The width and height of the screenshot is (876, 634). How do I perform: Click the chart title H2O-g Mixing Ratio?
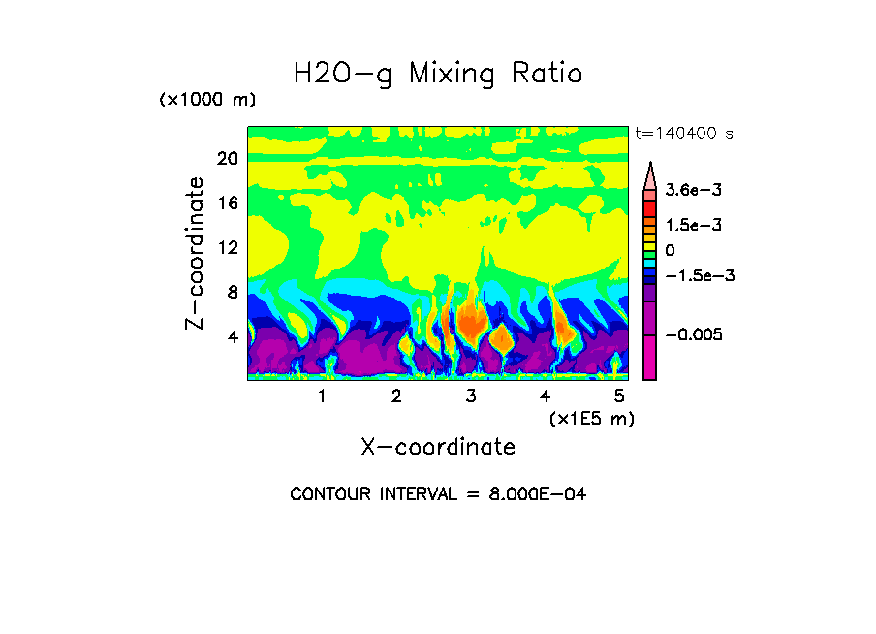pyautogui.click(x=438, y=74)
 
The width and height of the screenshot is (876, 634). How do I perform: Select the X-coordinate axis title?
pyautogui.click(x=438, y=447)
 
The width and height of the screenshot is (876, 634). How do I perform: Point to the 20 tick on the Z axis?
pyautogui.click(x=227, y=159)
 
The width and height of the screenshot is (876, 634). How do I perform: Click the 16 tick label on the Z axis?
pyautogui.click(x=227, y=204)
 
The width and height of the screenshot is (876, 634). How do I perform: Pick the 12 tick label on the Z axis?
pyautogui.click(x=227, y=248)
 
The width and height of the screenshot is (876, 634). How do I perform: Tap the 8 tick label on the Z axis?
pyautogui.click(x=232, y=292)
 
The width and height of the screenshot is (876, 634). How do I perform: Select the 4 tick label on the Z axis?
pyautogui.click(x=232, y=336)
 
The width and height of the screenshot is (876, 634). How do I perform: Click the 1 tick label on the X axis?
pyautogui.click(x=322, y=396)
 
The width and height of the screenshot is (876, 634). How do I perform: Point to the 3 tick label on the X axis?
pyautogui.click(x=471, y=396)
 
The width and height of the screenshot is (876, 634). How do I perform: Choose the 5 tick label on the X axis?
pyautogui.click(x=619, y=396)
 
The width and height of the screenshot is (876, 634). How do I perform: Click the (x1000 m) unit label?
pyautogui.click(x=206, y=101)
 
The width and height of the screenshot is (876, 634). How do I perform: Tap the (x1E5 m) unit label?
pyautogui.click(x=591, y=418)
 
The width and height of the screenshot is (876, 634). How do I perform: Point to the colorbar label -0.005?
pyautogui.click(x=695, y=334)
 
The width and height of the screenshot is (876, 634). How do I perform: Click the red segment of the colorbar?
pyautogui.click(x=650, y=208)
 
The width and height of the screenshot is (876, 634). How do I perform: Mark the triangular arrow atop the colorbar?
pyautogui.click(x=650, y=174)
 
